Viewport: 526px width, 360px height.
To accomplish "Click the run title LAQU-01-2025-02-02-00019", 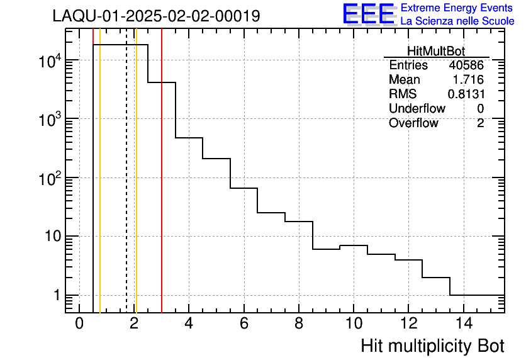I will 156,16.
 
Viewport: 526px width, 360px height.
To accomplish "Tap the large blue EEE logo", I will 368,14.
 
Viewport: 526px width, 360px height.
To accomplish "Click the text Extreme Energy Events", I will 457,8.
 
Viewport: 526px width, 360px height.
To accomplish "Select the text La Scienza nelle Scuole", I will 457,21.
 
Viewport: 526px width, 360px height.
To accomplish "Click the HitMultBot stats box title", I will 436,52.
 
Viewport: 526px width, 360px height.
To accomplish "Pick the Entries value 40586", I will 466,65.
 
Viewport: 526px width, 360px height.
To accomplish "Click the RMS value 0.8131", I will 466,94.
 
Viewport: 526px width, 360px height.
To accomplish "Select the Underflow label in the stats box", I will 417,108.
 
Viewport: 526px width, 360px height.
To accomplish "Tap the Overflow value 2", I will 480,123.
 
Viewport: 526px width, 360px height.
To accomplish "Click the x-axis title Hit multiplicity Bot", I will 432,346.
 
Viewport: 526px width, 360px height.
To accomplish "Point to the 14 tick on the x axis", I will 463,324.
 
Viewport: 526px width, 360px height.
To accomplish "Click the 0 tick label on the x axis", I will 79,324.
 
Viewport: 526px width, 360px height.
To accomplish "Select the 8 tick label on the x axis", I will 299,324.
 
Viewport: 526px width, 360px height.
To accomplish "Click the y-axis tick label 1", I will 56,295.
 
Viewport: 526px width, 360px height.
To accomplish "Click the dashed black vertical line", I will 126,189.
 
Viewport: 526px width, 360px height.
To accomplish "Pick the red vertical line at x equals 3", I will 162,189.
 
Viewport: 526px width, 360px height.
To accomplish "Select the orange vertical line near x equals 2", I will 136,189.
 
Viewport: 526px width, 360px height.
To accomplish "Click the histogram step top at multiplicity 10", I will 354,245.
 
